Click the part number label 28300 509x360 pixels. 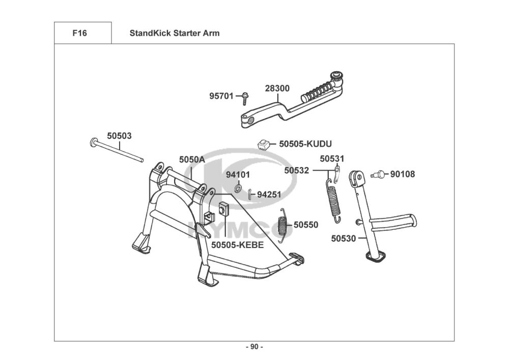[277, 88]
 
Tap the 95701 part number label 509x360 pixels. [221, 95]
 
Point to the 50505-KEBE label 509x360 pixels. [237, 244]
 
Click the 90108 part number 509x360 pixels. [403, 174]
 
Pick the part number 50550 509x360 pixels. [306, 224]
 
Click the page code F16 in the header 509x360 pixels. [80, 34]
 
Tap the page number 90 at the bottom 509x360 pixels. [254, 347]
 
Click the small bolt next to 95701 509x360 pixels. [245, 96]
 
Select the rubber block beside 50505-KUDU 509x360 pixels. [263, 144]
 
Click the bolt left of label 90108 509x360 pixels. [379, 174]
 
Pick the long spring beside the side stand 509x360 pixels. [333, 199]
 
